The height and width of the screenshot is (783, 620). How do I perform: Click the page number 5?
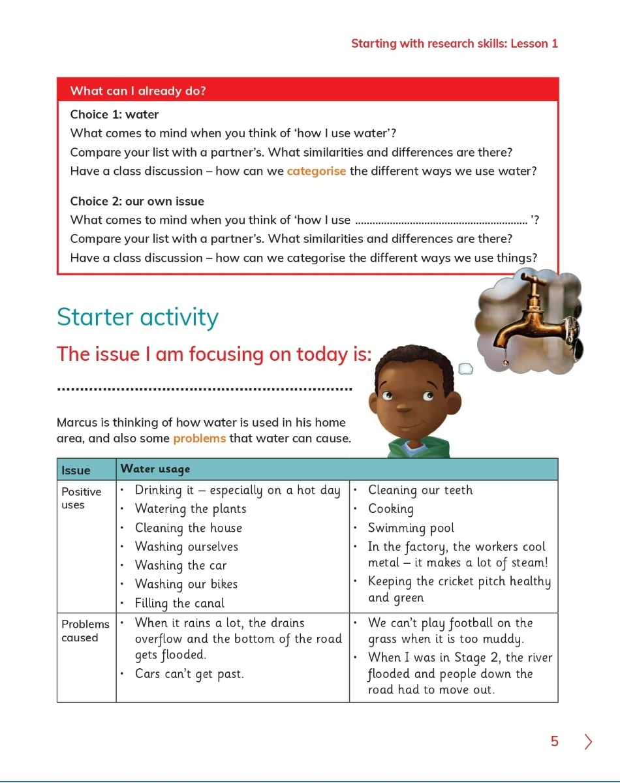click(555, 741)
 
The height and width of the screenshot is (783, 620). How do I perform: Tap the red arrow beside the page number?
click(589, 742)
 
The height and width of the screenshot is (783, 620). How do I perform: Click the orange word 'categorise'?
click(317, 172)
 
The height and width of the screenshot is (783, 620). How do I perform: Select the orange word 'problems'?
click(200, 438)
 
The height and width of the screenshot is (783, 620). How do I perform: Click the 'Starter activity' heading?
click(138, 317)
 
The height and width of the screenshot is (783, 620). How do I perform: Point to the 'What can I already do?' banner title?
click(138, 91)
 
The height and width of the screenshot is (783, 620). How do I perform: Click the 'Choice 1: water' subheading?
click(114, 115)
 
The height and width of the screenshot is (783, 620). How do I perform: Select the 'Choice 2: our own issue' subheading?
click(137, 202)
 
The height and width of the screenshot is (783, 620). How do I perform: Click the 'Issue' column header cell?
click(76, 470)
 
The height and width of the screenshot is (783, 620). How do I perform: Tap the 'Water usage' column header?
click(155, 469)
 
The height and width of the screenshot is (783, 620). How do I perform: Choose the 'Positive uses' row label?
click(82, 498)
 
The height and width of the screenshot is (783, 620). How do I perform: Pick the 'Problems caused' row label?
click(85, 631)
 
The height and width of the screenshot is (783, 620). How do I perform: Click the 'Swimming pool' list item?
click(411, 528)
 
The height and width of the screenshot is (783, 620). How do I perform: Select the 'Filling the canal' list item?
click(179, 603)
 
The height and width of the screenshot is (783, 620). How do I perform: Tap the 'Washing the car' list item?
click(181, 566)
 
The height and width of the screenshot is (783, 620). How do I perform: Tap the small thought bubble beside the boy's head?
click(465, 369)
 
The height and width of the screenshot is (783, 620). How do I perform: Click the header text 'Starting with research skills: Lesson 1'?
click(454, 44)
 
